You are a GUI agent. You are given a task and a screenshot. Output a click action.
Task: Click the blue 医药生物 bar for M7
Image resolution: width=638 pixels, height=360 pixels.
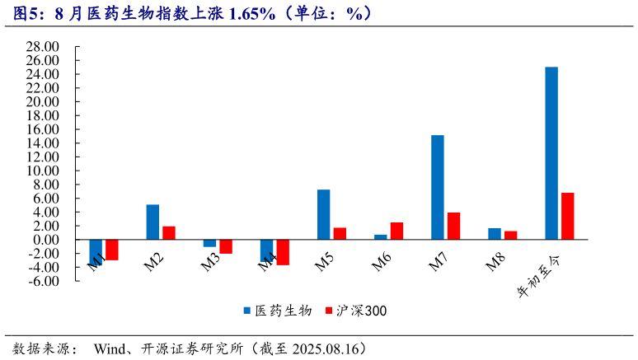pyautogui.click(x=437, y=187)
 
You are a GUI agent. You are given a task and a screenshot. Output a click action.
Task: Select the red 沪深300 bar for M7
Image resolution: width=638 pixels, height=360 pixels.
pyautogui.click(x=453, y=226)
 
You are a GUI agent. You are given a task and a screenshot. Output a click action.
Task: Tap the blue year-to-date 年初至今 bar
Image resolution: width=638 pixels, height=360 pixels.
pyautogui.click(x=551, y=153)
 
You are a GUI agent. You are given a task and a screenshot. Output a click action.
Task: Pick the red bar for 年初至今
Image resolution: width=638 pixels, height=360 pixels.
pyautogui.click(x=567, y=216)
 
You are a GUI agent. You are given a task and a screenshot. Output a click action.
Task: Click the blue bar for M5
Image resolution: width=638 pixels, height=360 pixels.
pyautogui.click(x=323, y=214)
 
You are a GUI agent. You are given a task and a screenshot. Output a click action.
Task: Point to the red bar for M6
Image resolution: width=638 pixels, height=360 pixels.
pyautogui.click(x=396, y=231)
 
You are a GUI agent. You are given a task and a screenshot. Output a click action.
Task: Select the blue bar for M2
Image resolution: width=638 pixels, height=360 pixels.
pyautogui.click(x=152, y=222)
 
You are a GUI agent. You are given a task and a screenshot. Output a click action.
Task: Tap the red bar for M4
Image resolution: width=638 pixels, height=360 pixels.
pyautogui.click(x=283, y=252)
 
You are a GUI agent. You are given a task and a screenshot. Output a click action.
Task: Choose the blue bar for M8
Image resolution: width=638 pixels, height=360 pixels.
pyautogui.click(x=494, y=234)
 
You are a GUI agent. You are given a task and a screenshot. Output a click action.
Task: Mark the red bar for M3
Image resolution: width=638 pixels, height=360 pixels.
pyautogui.click(x=226, y=246)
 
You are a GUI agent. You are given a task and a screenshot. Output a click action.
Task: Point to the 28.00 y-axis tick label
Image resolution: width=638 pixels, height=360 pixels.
pyautogui.click(x=42, y=46)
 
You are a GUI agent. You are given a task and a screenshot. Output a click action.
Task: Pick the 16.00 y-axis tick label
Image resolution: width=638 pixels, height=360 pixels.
pyautogui.click(x=42, y=129)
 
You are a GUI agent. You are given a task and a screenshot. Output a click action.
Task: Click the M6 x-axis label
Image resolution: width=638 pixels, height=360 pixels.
pyautogui.click(x=382, y=263)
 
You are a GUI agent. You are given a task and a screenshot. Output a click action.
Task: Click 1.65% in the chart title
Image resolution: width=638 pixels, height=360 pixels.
pyautogui.click(x=251, y=13)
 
